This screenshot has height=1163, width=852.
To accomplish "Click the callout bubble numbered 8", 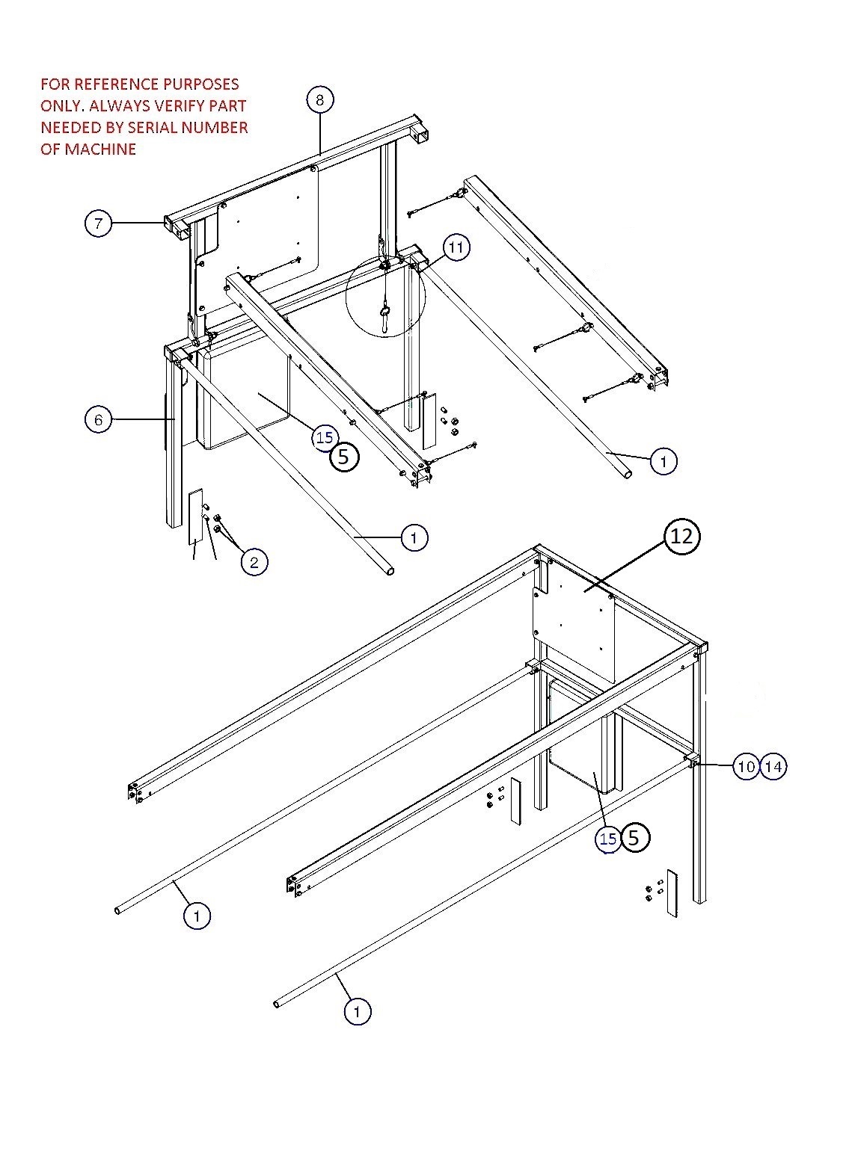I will point(319,99).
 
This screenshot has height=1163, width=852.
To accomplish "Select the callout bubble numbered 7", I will point(98,223).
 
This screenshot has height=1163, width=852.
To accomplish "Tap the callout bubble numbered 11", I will point(457,247).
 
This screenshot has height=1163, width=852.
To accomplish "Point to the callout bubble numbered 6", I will point(99,420).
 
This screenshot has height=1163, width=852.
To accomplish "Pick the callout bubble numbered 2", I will point(254,562).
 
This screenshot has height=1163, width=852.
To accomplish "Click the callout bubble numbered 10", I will point(746,767).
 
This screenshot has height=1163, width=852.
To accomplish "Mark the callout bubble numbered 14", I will point(773,767).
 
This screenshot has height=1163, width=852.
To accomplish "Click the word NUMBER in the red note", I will point(218,128).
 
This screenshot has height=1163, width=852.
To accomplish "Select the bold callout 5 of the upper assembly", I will point(343,457).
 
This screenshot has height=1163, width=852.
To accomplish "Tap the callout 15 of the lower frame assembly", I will point(608,839).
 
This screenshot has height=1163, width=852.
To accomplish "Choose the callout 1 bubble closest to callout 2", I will point(415,537).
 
